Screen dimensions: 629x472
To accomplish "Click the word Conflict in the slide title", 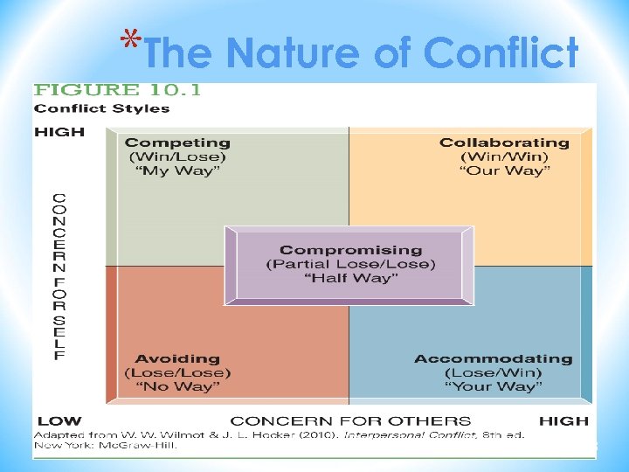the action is tap(501, 53).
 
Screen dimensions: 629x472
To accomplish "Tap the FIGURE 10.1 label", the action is tap(117, 90).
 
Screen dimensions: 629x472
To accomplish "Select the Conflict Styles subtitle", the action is tap(101, 108).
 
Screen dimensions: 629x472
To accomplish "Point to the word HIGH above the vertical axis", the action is tap(59, 132).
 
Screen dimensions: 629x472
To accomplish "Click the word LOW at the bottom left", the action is tap(59, 421).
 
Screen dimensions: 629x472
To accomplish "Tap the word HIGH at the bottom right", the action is tap(563, 421).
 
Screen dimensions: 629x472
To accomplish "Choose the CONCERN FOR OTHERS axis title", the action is tap(350, 421).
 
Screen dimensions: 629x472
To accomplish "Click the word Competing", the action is tap(177, 142).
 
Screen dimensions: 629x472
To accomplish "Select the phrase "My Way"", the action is tap(177, 170).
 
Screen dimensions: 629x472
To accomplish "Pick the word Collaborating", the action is tap(504, 142).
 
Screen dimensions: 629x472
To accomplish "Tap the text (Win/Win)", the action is tap(504, 156).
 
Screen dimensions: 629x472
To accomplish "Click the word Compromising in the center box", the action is tap(350, 251).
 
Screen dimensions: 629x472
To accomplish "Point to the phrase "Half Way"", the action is tap(350, 278).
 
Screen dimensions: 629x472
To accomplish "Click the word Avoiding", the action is tap(177, 358).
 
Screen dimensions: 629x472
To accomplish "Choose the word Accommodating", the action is tap(493, 358).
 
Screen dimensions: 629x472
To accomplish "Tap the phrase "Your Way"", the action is tap(493, 386).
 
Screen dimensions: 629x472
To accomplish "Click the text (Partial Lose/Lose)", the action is tap(350, 264).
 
